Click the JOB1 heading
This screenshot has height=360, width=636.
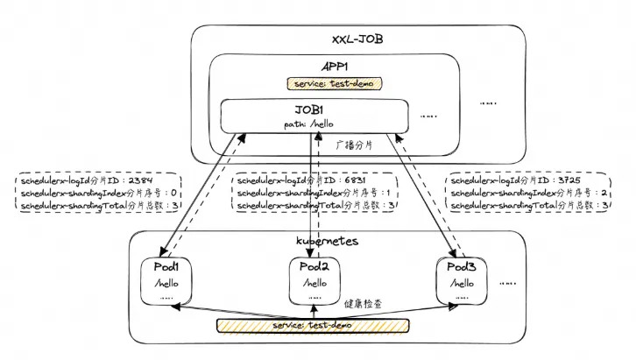tap(314, 109)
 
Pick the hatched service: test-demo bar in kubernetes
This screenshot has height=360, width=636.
tap(313, 326)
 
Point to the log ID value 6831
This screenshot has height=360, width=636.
tap(368, 178)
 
